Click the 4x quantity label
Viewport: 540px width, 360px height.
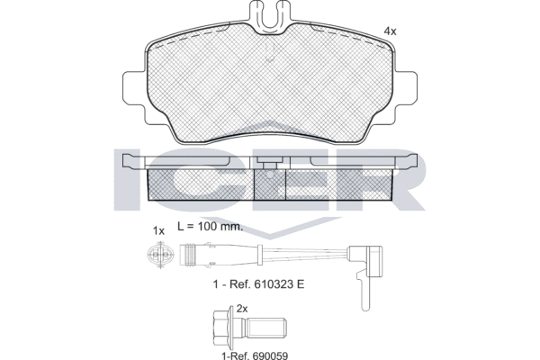click(391, 31)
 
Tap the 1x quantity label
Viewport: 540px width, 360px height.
click(158, 230)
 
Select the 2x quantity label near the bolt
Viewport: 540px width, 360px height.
click(242, 309)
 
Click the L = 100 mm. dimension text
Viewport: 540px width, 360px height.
click(210, 226)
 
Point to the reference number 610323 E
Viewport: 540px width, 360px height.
click(279, 284)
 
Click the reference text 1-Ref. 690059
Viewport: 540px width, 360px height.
click(255, 355)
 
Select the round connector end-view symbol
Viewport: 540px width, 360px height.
click(160, 255)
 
